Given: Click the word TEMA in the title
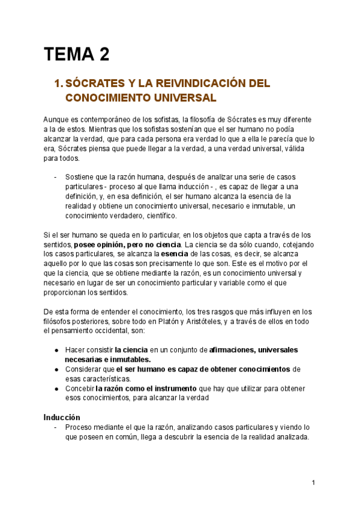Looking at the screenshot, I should [68, 55].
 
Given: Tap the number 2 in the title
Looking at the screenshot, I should [104, 55].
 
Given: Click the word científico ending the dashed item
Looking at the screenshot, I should [159, 215].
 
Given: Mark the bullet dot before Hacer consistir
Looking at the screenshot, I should [56, 350].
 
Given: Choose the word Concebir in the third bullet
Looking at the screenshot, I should [79, 388].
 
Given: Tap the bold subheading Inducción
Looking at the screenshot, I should [62, 417].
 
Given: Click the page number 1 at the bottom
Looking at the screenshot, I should [313, 482].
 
